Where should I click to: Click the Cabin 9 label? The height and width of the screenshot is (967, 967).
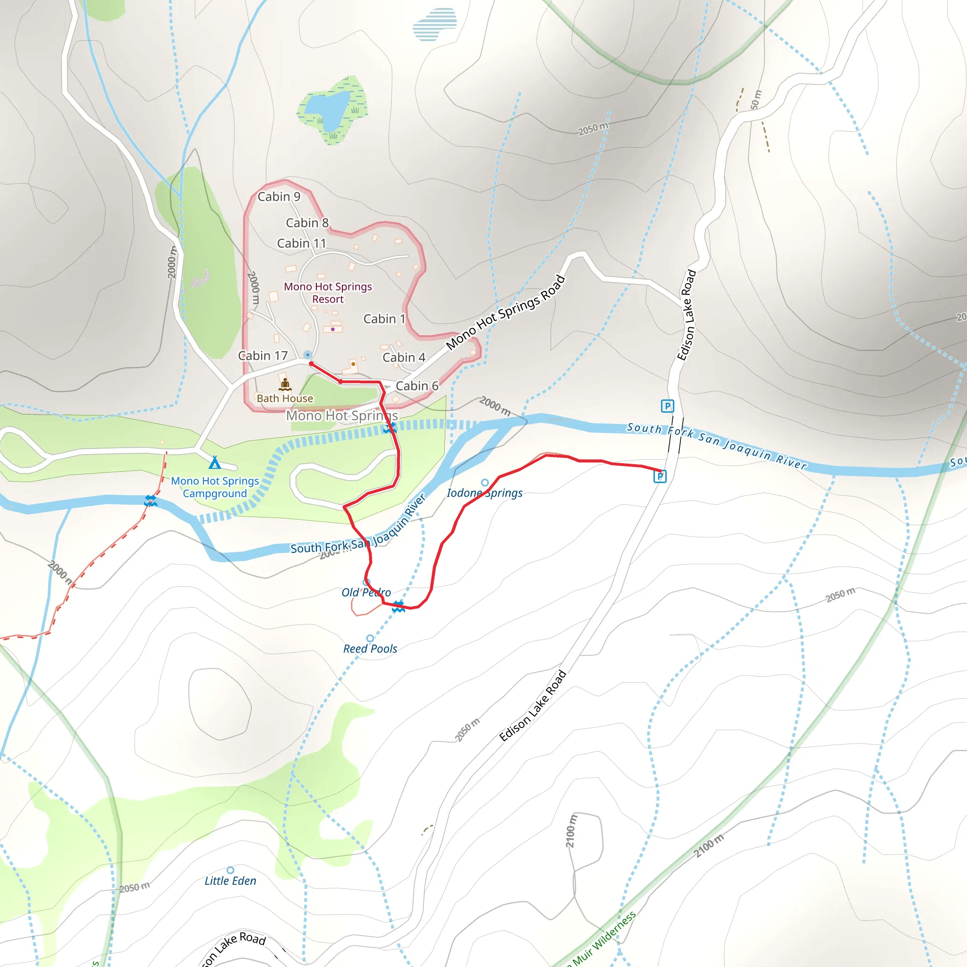279,197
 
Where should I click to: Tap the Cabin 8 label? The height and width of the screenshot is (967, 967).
307,223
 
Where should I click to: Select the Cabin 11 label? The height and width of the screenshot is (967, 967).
301,243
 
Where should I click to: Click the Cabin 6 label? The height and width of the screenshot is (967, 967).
416,386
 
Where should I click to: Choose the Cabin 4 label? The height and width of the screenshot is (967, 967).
403,357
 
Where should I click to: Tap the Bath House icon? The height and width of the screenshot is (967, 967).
285,384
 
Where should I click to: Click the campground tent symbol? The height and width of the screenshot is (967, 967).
215,462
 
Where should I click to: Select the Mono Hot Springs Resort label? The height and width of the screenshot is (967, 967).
328,293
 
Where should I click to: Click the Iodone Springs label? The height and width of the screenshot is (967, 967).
484,493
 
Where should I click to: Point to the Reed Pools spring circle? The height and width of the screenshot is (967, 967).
370,638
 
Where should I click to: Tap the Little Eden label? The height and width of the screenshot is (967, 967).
230,881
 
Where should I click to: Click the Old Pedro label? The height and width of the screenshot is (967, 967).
366,593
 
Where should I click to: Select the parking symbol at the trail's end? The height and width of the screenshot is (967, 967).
660,476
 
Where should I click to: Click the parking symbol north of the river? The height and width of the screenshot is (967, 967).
667,406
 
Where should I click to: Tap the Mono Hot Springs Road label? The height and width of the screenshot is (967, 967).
506,312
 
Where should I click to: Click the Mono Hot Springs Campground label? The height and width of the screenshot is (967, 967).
215,487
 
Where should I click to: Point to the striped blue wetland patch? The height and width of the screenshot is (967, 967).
434,24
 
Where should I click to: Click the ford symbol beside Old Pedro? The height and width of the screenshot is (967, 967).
398,607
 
